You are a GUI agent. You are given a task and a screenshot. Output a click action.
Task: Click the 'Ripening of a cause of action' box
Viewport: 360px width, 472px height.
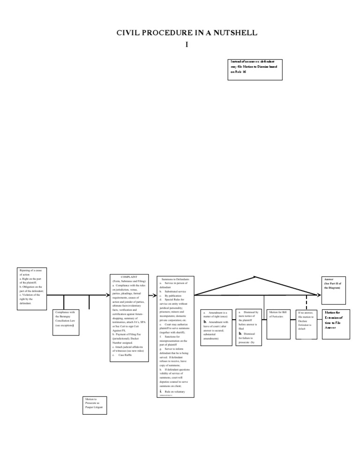(32, 288)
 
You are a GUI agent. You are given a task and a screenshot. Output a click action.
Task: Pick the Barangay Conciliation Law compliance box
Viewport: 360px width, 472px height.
(66, 321)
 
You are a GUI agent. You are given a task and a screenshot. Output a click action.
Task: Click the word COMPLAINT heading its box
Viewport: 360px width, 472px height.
(129, 277)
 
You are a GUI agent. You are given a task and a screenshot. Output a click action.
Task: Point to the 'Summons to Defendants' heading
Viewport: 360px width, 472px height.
(172, 279)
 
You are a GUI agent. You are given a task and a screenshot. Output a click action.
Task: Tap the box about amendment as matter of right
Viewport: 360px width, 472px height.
(216, 327)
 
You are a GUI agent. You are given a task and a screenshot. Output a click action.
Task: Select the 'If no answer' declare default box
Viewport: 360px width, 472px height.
(307, 323)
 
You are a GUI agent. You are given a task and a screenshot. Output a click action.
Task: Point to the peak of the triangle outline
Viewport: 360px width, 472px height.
(255, 277)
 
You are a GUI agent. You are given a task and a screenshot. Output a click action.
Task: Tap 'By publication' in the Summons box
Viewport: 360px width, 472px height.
(172, 296)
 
